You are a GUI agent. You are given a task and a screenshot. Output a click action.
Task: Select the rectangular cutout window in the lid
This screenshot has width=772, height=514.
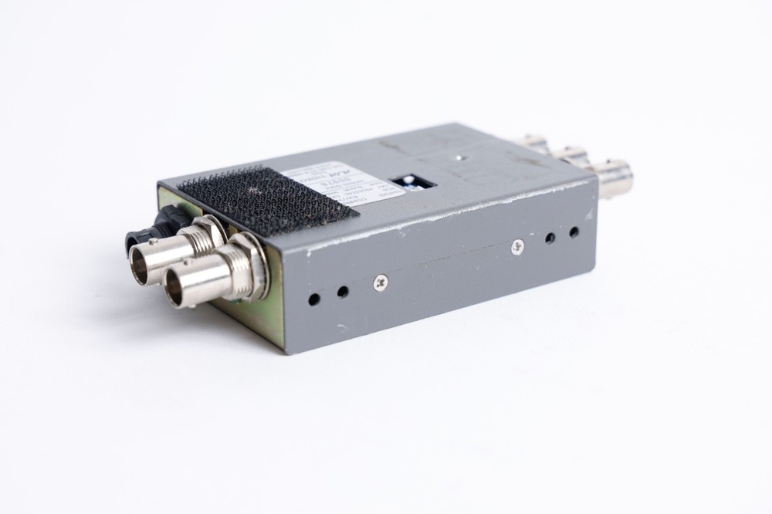413,184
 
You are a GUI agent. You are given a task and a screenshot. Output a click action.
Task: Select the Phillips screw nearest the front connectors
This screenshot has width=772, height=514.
380,283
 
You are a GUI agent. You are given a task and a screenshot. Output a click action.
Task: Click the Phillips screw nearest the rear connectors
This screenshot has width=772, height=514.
517,246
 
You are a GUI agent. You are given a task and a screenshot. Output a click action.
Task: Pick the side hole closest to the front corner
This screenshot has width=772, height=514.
314,299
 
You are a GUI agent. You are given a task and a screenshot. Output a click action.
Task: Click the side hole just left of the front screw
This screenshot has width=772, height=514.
343,292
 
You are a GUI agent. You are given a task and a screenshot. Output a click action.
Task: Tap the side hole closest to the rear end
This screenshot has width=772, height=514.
574,232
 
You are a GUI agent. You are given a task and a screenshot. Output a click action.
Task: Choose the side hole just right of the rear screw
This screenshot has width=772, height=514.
550,238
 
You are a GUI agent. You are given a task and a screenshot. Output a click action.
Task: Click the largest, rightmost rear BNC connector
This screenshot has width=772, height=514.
614,178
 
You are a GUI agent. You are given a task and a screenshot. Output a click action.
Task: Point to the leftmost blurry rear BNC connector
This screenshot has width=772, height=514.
533,143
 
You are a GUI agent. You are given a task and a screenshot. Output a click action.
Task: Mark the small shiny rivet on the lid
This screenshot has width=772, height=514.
460,157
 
